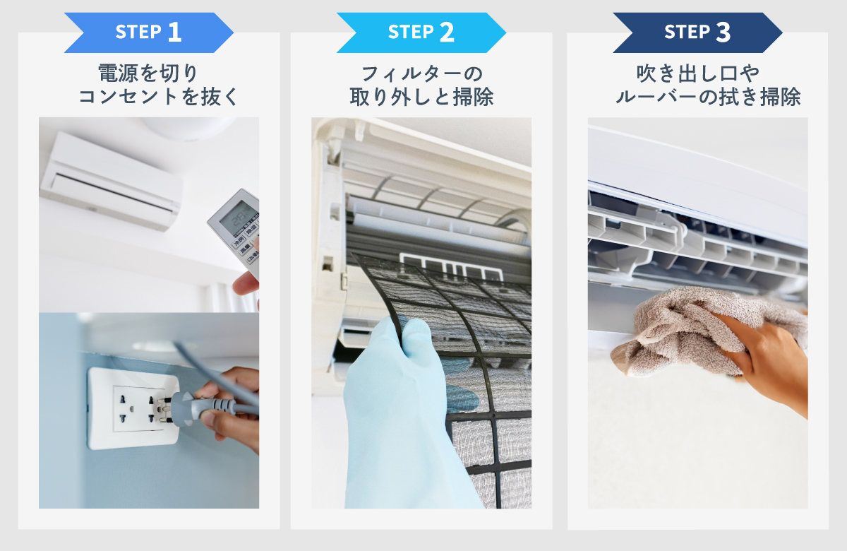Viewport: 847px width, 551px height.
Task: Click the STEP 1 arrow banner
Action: [x=149, y=32]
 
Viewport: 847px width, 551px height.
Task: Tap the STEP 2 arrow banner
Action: [x=421, y=32]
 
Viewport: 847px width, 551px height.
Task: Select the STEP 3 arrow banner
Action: [x=697, y=32]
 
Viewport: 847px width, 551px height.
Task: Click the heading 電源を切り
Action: [x=148, y=73]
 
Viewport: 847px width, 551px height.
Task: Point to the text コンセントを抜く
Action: [x=158, y=97]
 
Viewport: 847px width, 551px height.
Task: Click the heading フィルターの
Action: [x=422, y=73]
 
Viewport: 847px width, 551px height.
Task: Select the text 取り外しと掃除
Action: [x=421, y=97]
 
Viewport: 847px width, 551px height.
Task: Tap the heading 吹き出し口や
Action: [x=697, y=73]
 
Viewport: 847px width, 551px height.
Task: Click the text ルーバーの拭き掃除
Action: [x=708, y=97]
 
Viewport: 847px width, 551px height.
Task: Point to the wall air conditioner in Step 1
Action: [x=111, y=181]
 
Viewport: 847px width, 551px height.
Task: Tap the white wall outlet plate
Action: [x=133, y=408]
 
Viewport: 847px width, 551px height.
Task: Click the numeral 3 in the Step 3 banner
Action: [x=723, y=32]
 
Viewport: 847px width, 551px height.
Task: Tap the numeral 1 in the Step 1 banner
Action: [x=174, y=32]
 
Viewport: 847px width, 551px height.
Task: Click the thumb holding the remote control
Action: [x=246, y=284]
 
